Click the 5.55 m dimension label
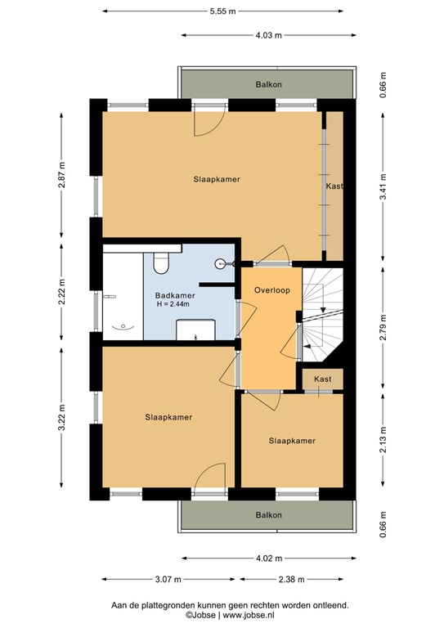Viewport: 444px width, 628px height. pos(222,11)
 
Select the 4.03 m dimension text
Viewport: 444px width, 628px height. pos(268,35)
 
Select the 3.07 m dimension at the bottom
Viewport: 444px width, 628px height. pos(164,580)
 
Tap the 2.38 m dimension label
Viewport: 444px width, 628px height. pos(290,580)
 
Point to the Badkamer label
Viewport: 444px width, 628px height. pos(175,295)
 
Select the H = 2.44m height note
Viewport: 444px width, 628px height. pos(173,304)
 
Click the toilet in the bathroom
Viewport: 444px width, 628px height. pos(160,262)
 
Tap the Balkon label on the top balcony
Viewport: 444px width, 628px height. pos(268,84)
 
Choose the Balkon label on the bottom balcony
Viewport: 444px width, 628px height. pos(268,515)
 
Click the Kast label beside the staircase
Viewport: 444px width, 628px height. pos(322,379)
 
